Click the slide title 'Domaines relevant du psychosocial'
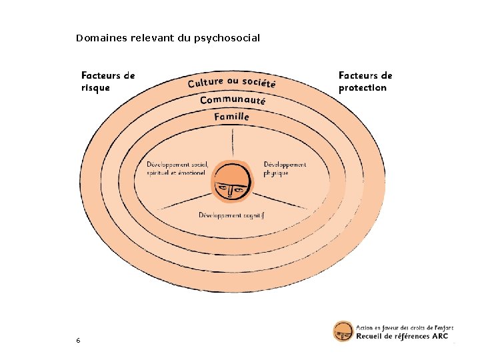tap(167, 38)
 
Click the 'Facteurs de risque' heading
tap(108, 81)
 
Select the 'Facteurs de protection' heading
tap(365, 81)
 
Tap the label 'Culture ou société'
tap(231, 83)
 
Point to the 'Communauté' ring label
tap(233, 100)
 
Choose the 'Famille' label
tap(232, 117)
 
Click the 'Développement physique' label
tap(285, 169)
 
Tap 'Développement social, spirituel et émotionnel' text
tap(177, 169)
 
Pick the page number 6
tap(78, 341)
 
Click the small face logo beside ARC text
tap(343, 331)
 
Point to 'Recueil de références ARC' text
tap(402, 336)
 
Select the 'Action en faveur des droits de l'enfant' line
tap(404, 327)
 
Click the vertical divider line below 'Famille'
tap(233, 143)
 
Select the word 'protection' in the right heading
tap(362, 87)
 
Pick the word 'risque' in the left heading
tap(96, 87)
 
